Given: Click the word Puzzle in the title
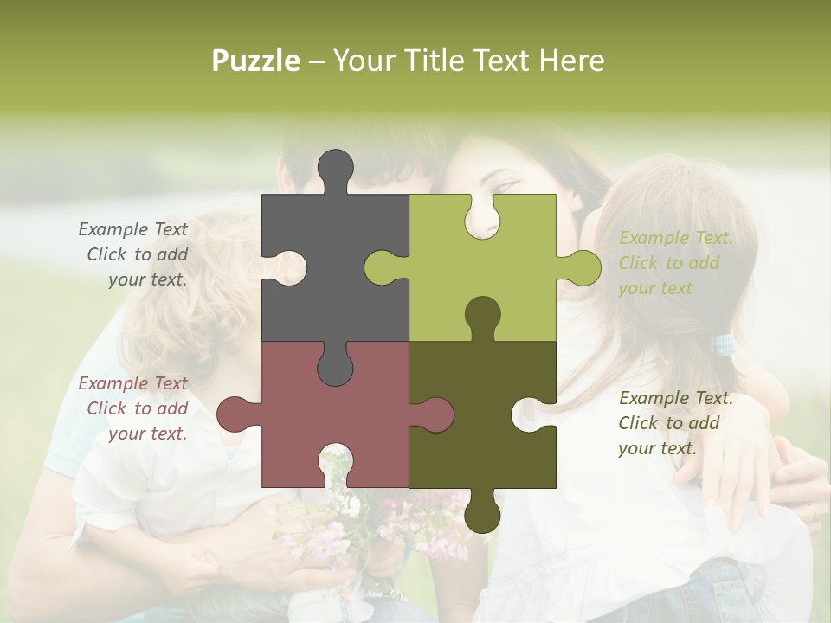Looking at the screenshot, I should tap(256, 61).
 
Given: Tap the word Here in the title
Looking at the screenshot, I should tap(571, 61).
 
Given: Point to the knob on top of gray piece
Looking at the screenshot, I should tap(335, 168).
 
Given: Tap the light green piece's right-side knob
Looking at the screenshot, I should tap(582, 267).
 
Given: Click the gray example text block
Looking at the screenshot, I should tap(134, 254).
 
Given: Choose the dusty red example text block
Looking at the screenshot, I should tap(134, 408).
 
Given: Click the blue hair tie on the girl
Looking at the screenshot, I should tap(724, 345).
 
